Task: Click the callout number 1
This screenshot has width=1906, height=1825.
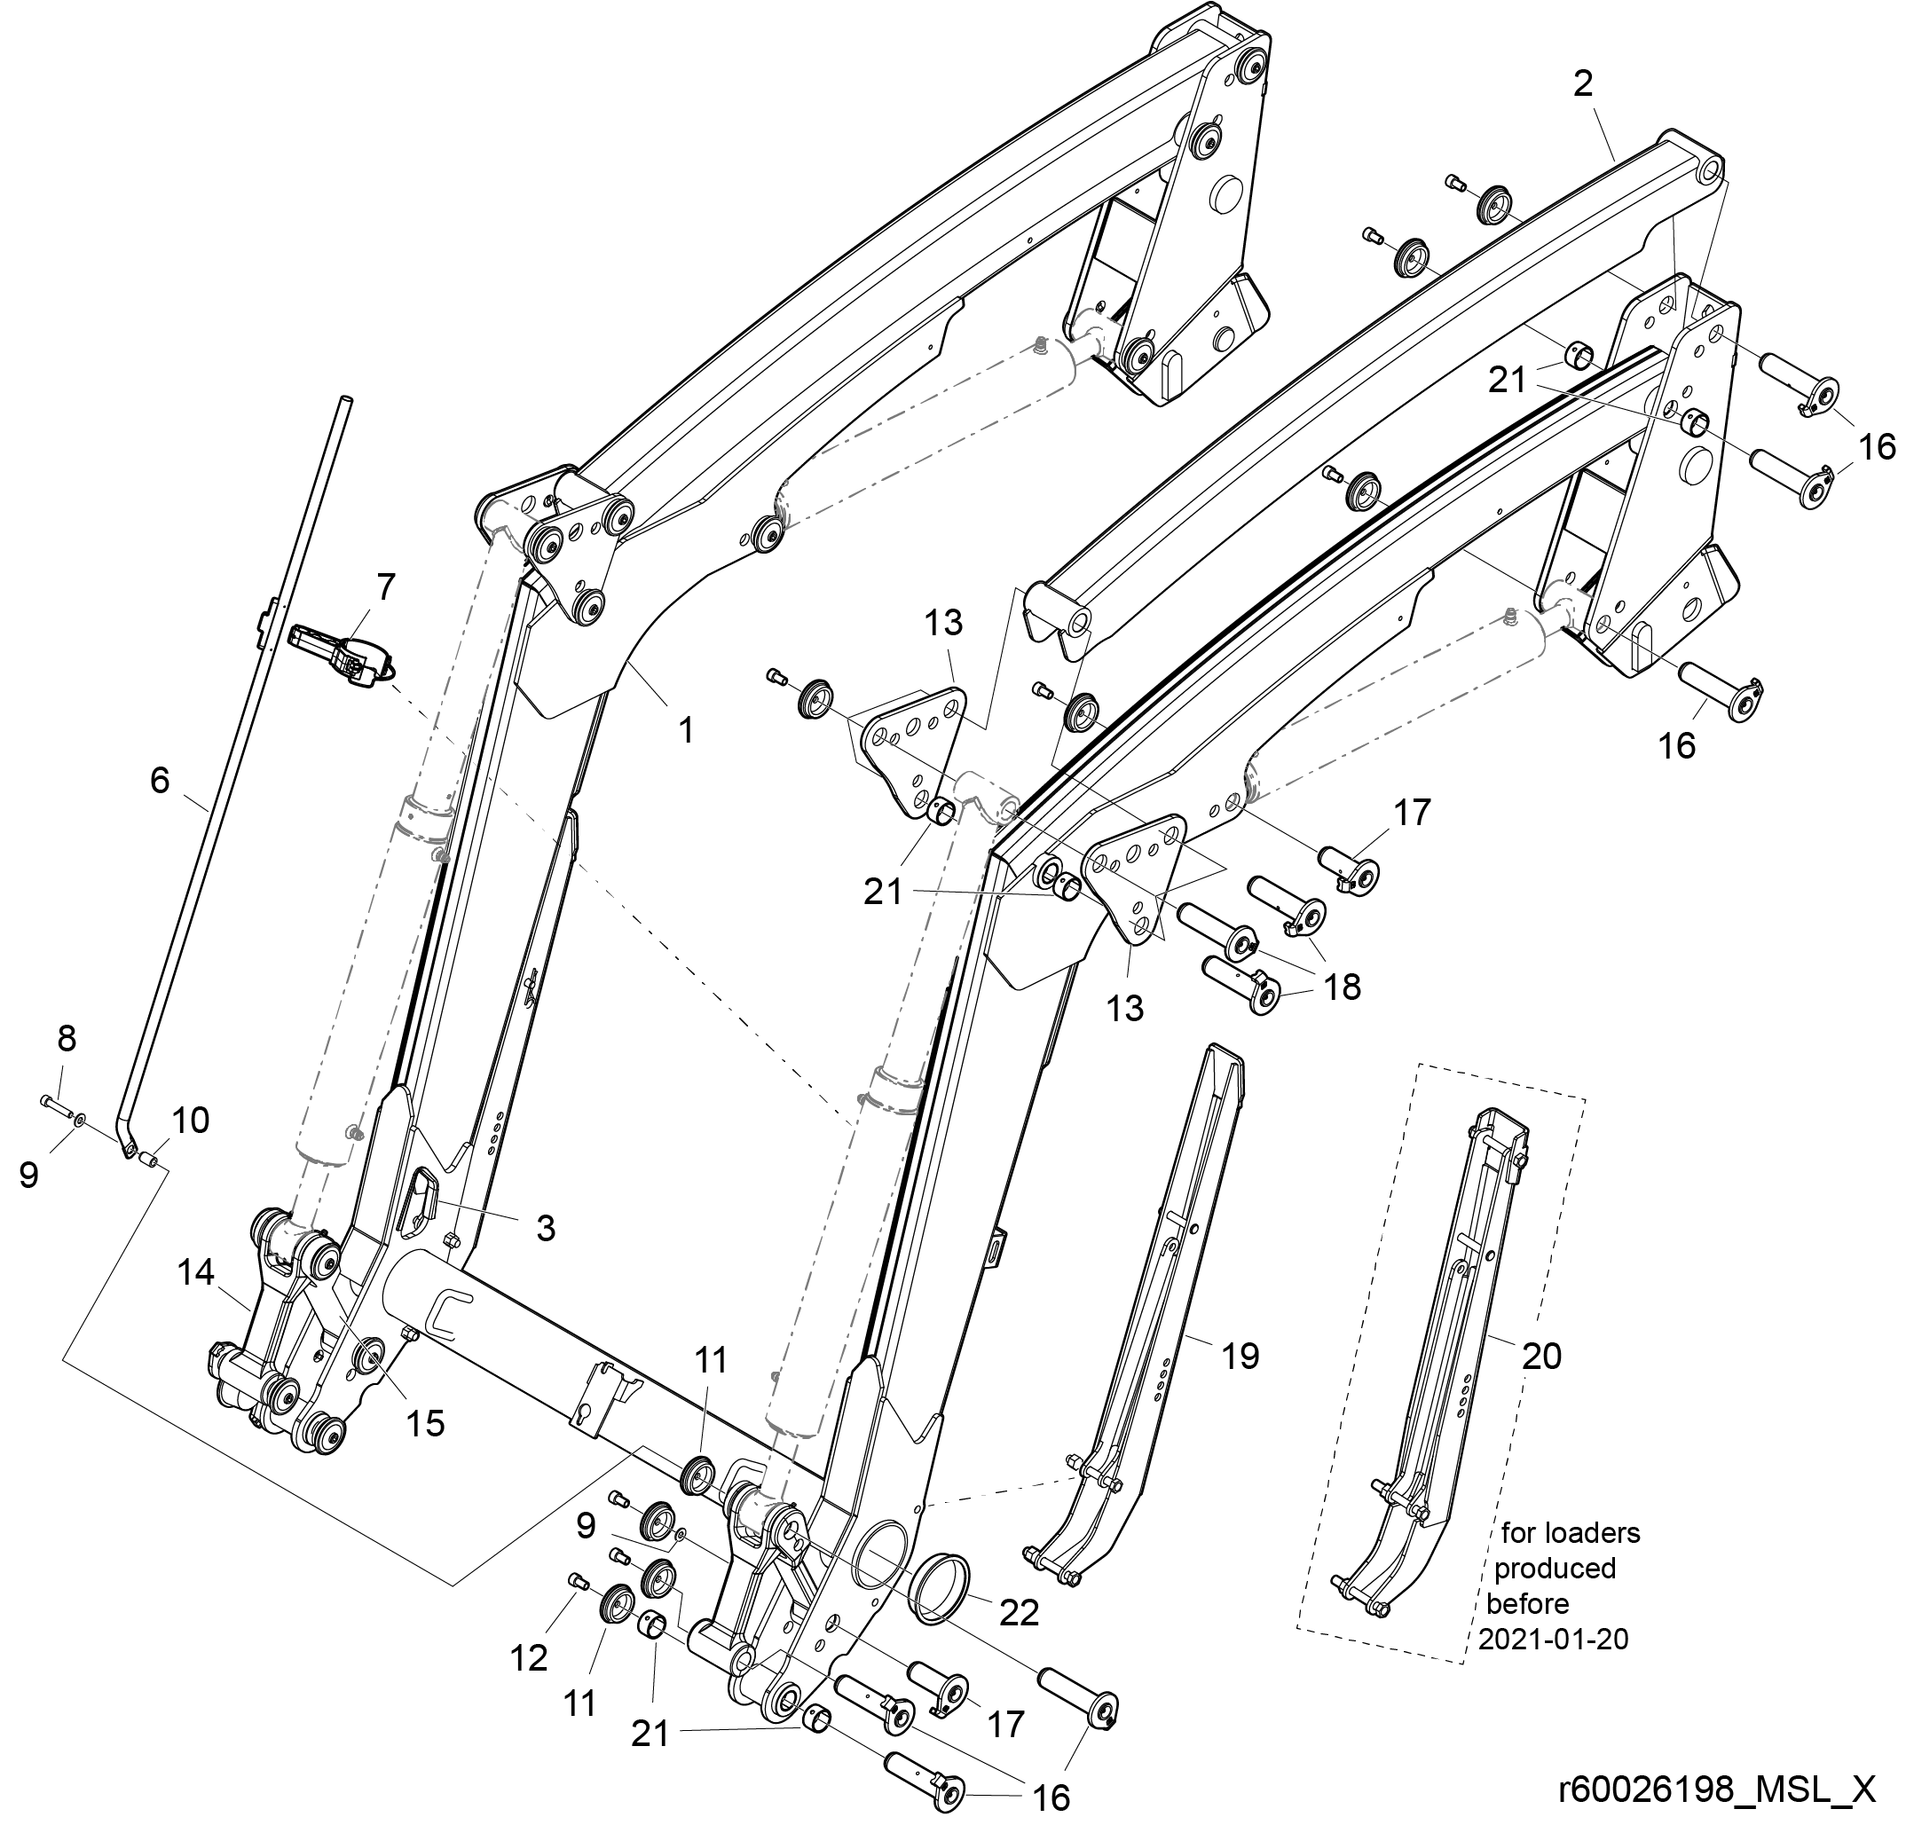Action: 687,729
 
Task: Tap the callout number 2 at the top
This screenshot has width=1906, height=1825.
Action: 1583,84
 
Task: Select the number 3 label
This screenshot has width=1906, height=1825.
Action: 546,1228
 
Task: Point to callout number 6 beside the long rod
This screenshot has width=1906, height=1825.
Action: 161,780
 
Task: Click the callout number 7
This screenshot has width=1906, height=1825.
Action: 386,587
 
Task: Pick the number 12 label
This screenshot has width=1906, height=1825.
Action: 530,1659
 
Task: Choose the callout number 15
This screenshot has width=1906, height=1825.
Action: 425,1423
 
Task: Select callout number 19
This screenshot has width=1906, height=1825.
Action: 1240,1356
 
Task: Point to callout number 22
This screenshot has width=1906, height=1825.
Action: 1020,1613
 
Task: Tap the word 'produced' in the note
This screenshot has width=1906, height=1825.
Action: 1555,1569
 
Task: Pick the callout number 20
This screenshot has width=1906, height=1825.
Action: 1541,1356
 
